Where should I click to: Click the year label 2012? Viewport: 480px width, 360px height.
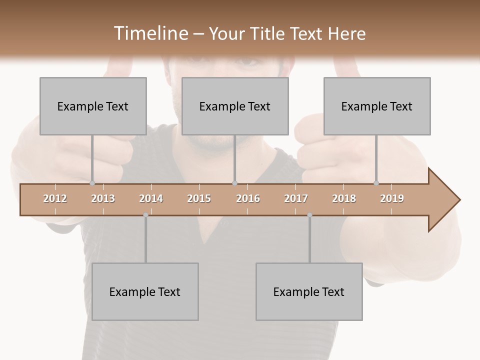(x=55, y=199)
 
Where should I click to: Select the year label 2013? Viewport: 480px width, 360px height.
(x=103, y=199)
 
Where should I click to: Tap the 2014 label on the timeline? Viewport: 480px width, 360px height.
(x=151, y=199)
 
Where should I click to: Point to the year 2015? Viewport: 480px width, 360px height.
(x=199, y=199)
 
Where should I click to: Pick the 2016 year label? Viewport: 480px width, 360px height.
(x=248, y=199)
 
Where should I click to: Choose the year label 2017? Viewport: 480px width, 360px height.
(x=296, y=199)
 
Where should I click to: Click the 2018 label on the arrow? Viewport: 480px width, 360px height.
(x=344, y=199)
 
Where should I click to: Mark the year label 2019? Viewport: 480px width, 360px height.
(x=392, y=199)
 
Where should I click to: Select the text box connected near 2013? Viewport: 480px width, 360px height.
(x=93, y=106)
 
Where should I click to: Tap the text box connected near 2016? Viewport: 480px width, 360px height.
(x=235, y=106)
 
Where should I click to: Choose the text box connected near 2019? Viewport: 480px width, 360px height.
(x=377, y=106)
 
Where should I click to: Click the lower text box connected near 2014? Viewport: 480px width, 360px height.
(x=145, y=291)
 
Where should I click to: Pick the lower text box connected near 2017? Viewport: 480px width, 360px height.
(x=309, y=291)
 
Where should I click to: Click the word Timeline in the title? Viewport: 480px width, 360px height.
(x=150, y=33)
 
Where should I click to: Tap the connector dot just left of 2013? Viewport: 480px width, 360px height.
(x=92, y=183)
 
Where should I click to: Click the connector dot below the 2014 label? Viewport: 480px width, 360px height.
(x=145, y=215)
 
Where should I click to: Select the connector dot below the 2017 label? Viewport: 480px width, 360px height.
(x=309, y=215)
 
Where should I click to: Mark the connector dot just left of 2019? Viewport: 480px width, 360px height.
(x=376, y=183)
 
